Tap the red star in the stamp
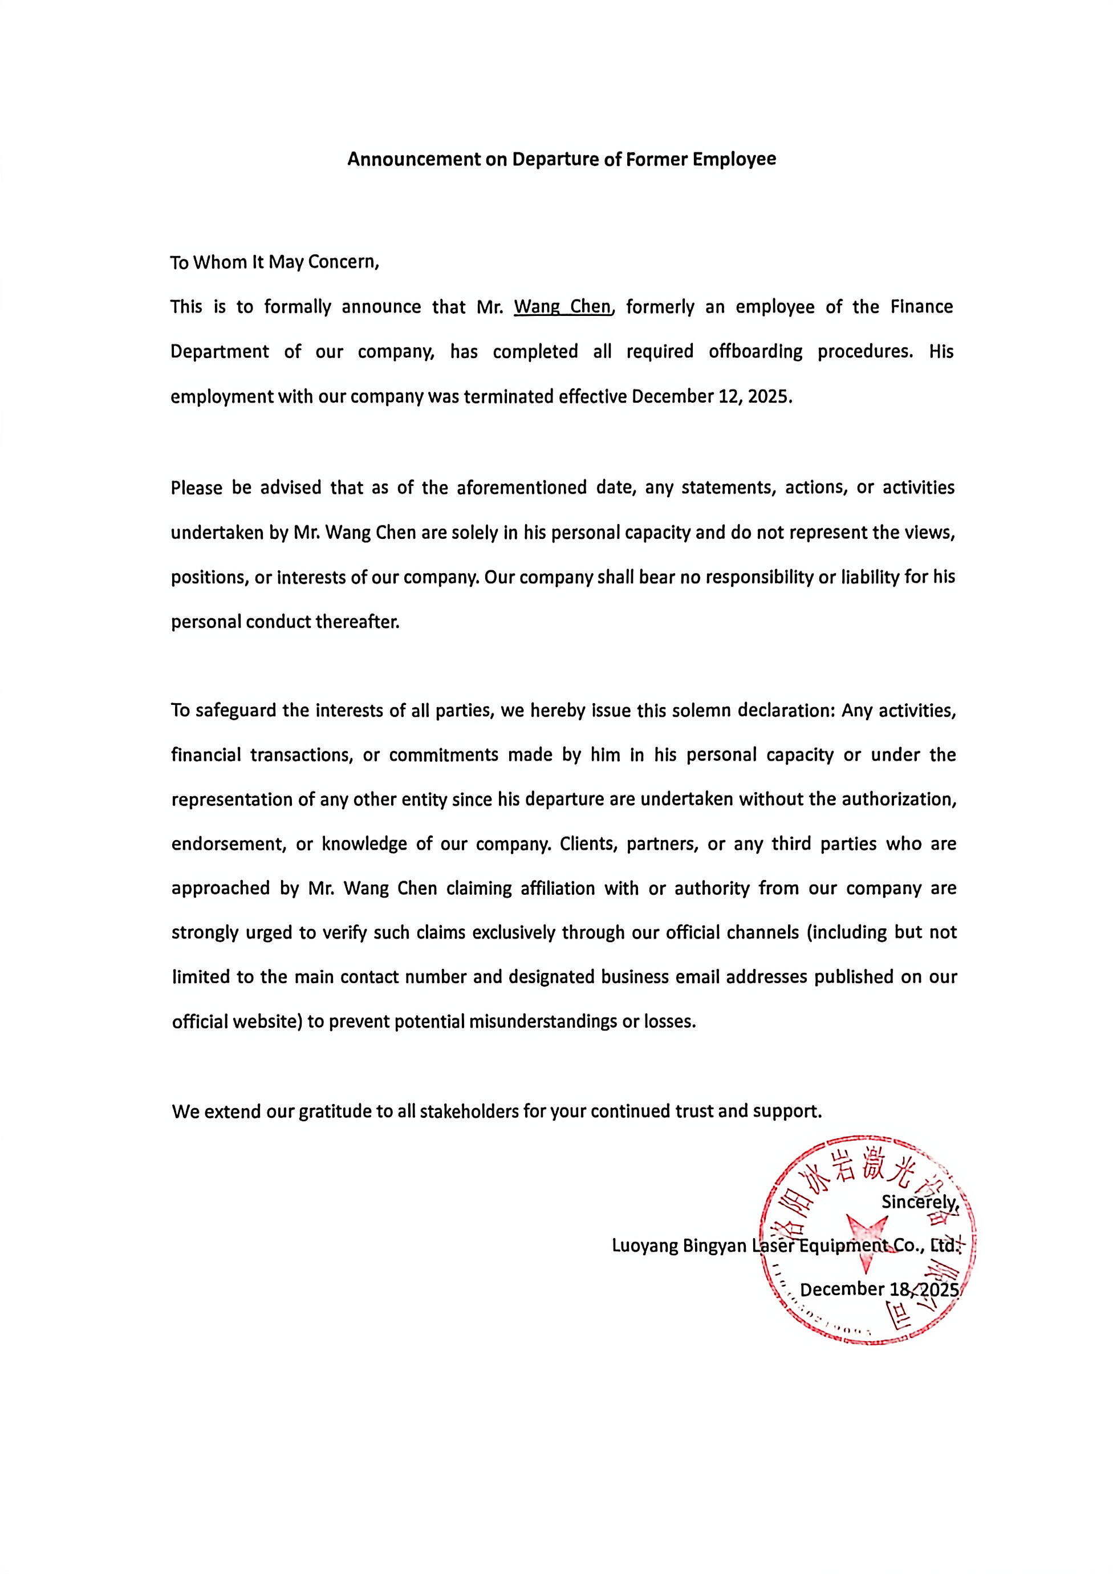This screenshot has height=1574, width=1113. tap(866, 1235)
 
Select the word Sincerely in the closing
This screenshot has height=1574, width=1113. tap(919, 1201)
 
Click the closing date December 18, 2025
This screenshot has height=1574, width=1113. tap(879, 1289)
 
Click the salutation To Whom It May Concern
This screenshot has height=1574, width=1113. tap(274, 262)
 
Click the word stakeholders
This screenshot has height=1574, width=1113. tap(469, 1111)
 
